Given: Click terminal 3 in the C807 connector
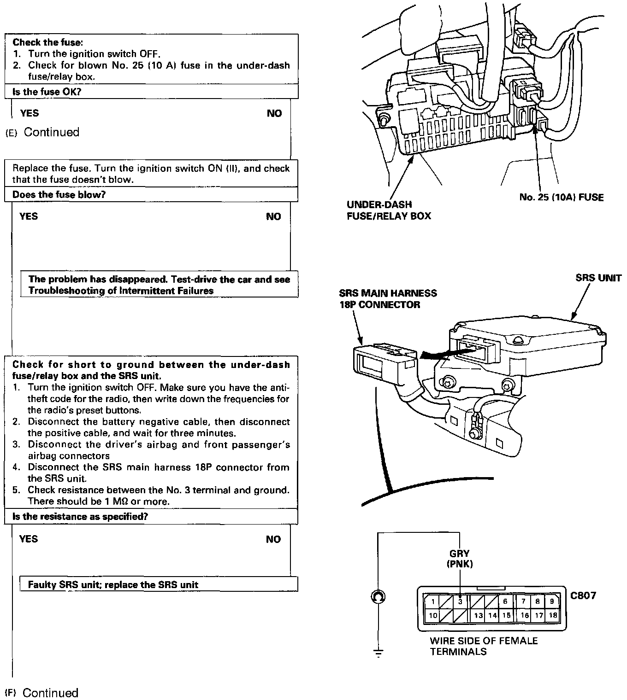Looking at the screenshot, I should [x=460, y=601].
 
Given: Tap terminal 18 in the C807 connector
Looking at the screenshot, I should [x=553, y=615].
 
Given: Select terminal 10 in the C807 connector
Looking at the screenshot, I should [x=432, y=615].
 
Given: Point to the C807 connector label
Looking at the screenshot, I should [x=583, y=595].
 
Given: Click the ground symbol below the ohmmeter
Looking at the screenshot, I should [x=378, y=652].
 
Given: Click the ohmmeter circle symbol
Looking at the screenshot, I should [x=378, y=597].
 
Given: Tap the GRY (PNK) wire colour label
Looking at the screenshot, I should [x=459, y=559].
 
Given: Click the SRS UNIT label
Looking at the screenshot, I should [x=598, y=278].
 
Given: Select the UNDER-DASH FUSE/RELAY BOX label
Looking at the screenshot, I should [x=388, y=210].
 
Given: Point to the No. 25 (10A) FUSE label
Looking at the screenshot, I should [x=561, y=197].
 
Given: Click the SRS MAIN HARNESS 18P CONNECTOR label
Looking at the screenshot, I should [x=387, y=298].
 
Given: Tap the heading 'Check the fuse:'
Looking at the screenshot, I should [x=47, y=42].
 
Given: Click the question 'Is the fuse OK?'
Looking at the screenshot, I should [x=47, y=92].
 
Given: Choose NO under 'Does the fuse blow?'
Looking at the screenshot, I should [x=273, y=216].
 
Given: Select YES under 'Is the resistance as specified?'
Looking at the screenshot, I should [x=29, y=539].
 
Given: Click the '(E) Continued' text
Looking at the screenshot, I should [x=42, y=132].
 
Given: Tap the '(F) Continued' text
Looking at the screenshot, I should [x=41, y=693].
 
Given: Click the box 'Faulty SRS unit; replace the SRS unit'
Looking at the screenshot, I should [x=113, y=584].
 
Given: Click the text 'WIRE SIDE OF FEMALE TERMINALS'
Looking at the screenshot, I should [x=483, y=646].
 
